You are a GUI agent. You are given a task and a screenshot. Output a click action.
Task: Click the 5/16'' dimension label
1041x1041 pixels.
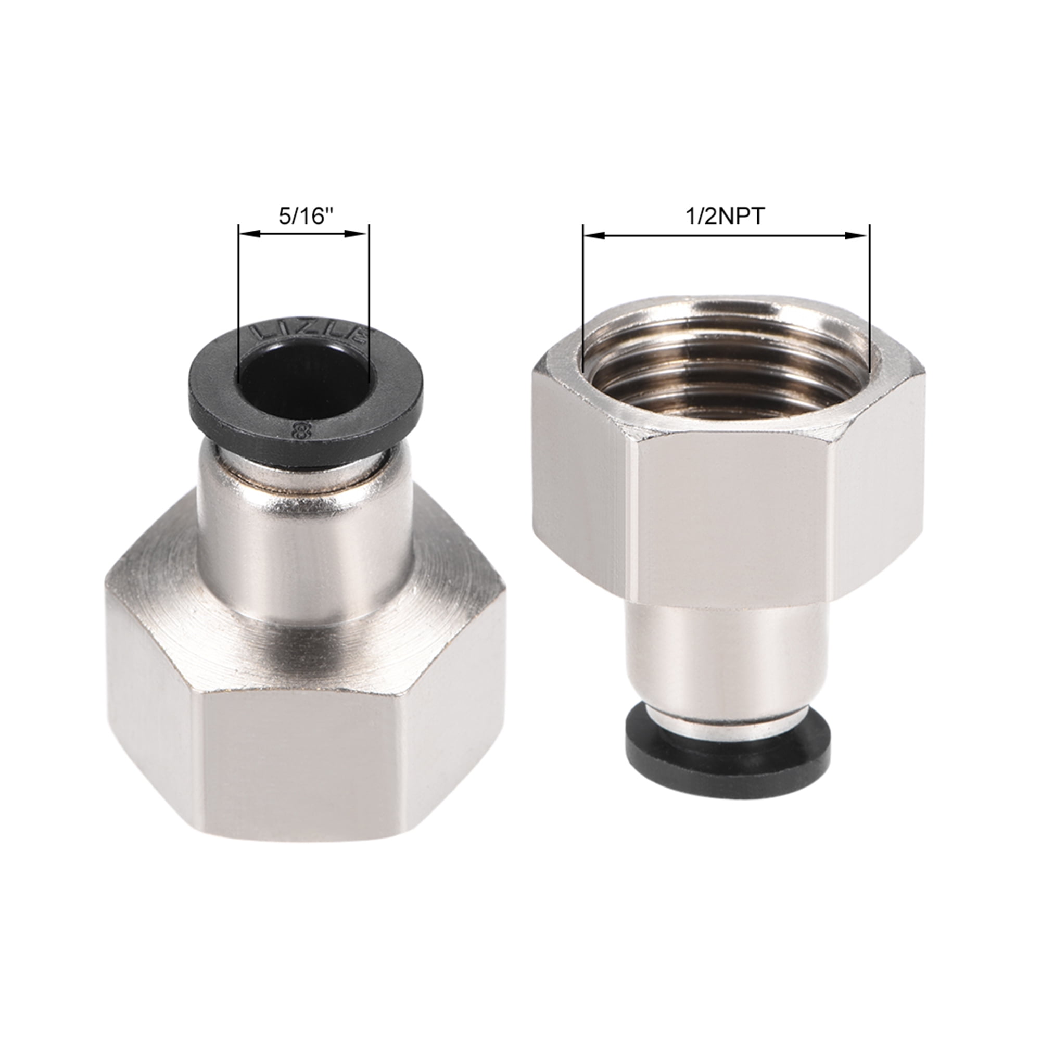point(303,217)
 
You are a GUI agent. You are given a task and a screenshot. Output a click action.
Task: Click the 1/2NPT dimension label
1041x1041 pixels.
point(725,217)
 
